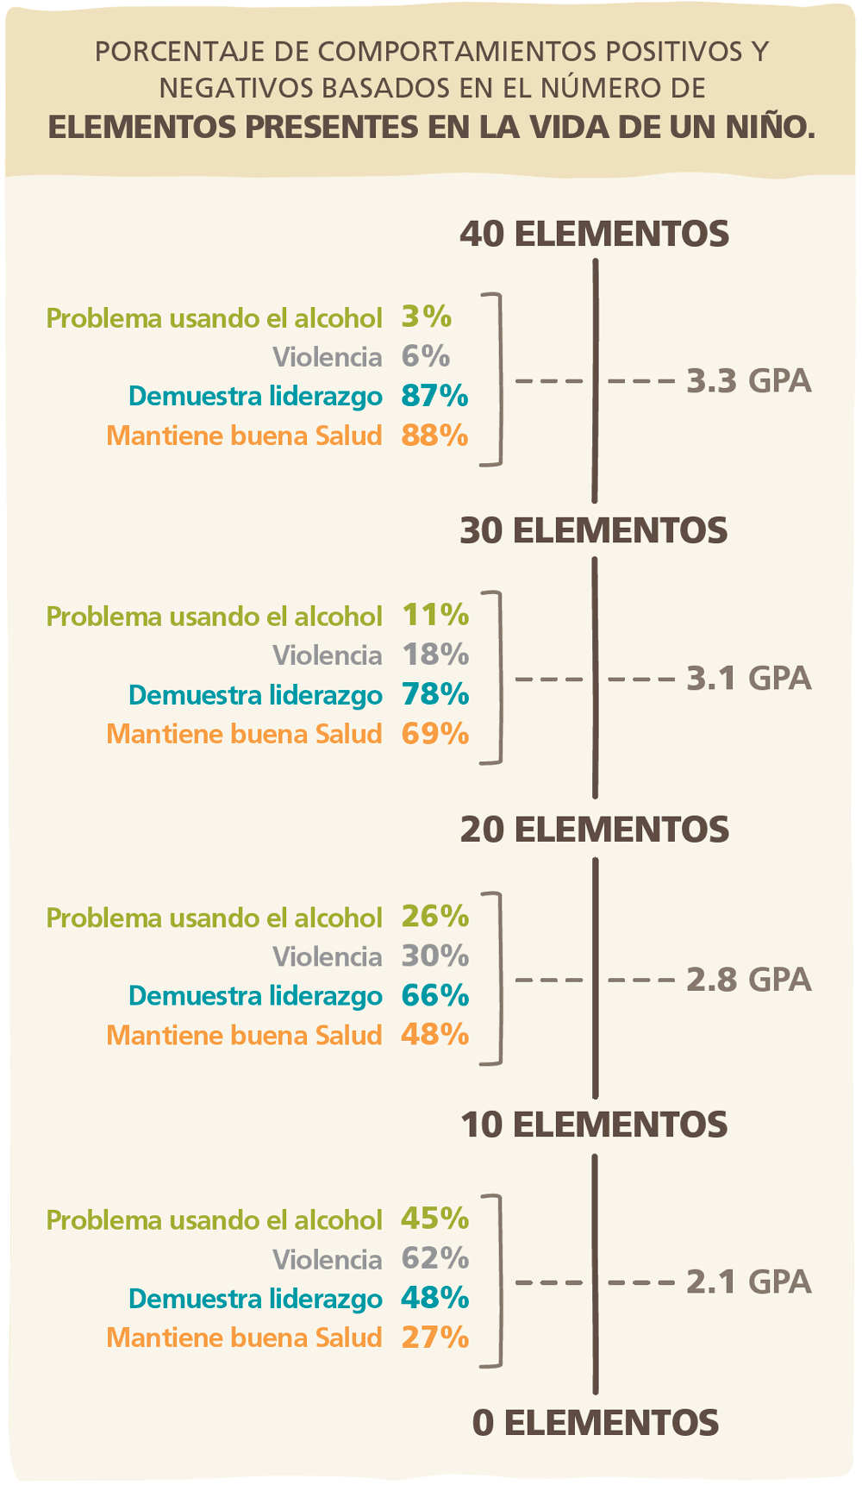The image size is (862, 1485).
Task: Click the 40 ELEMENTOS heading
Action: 594,235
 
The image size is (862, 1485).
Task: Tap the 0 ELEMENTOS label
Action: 595,1423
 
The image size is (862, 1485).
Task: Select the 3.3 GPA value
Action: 748,380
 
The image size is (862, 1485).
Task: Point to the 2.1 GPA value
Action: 748,1281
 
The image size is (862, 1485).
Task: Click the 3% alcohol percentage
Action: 427,316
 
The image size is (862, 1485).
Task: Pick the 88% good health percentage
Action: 434,435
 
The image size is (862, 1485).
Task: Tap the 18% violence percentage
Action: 435,655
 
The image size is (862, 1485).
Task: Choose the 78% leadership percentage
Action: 435,694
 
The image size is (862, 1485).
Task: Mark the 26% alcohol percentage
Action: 435,916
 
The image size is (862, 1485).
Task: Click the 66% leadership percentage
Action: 435,995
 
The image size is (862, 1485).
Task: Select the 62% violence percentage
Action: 435,1258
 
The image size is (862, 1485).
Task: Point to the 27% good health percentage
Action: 435,1337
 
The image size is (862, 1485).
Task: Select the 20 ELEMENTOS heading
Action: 594,830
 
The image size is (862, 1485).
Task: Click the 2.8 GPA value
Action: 748,980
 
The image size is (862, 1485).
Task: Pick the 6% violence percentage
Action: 426,356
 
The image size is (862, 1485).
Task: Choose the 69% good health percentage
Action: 435,734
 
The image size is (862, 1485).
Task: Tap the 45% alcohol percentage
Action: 435,1219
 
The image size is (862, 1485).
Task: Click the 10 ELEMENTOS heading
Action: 594,1125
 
